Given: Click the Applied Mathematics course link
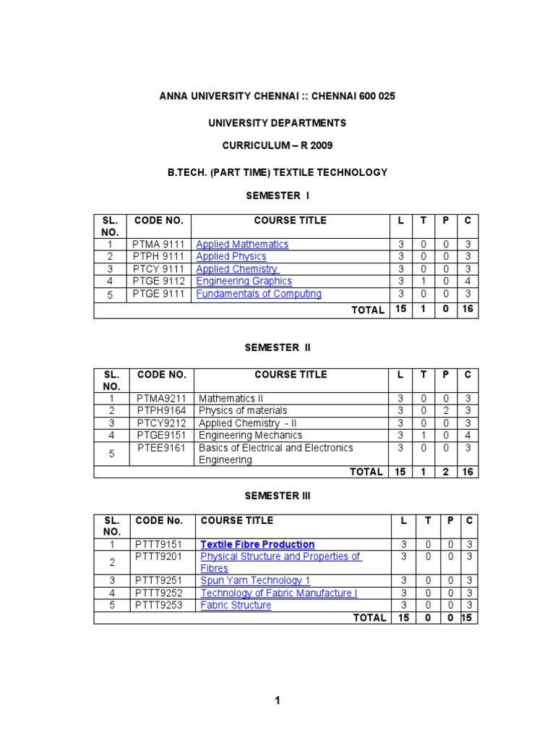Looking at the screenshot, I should tap(242, 245).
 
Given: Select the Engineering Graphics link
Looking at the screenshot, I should tap(244, 281).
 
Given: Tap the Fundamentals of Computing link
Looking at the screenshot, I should tap(259, 294).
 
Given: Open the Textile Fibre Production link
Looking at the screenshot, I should tap(257, 544).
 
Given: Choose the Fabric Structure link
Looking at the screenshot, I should tap(236, 605).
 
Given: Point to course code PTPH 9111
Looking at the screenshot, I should tap(158, 257).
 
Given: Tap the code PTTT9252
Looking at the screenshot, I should tap(159, 593).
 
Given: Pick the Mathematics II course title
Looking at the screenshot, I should tap(231, 399).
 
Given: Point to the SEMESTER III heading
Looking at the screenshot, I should tap(277, 496).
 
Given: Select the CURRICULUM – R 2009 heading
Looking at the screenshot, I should tap(277, 145).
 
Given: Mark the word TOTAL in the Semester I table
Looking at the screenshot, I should tap(367, 310).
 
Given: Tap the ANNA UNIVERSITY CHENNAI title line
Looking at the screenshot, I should tap(277, 96).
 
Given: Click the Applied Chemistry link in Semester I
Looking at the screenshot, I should tap(236, 269).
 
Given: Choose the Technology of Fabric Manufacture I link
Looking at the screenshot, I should tap(278, 593).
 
